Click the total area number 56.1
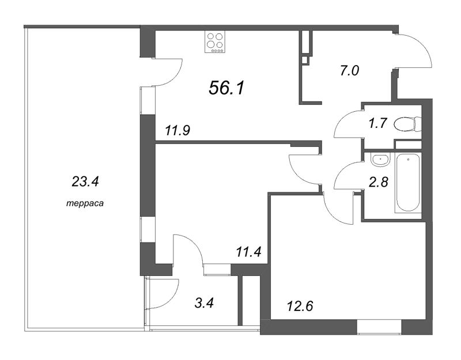tap(226, 88)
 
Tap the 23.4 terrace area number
tap(85, 182)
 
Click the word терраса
tap(85, 203)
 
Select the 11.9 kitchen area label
tap(177, 130)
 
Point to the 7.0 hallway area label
tap(350, 71)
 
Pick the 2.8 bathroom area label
tap(379, 182)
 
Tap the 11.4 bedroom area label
tap(248, 252)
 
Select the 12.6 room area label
tap(300, 306)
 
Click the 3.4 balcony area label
tap(204, 303)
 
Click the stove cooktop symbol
tap(214, 42)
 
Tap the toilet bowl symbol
tap(407, 124)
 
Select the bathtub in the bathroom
tap(407, 182)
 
